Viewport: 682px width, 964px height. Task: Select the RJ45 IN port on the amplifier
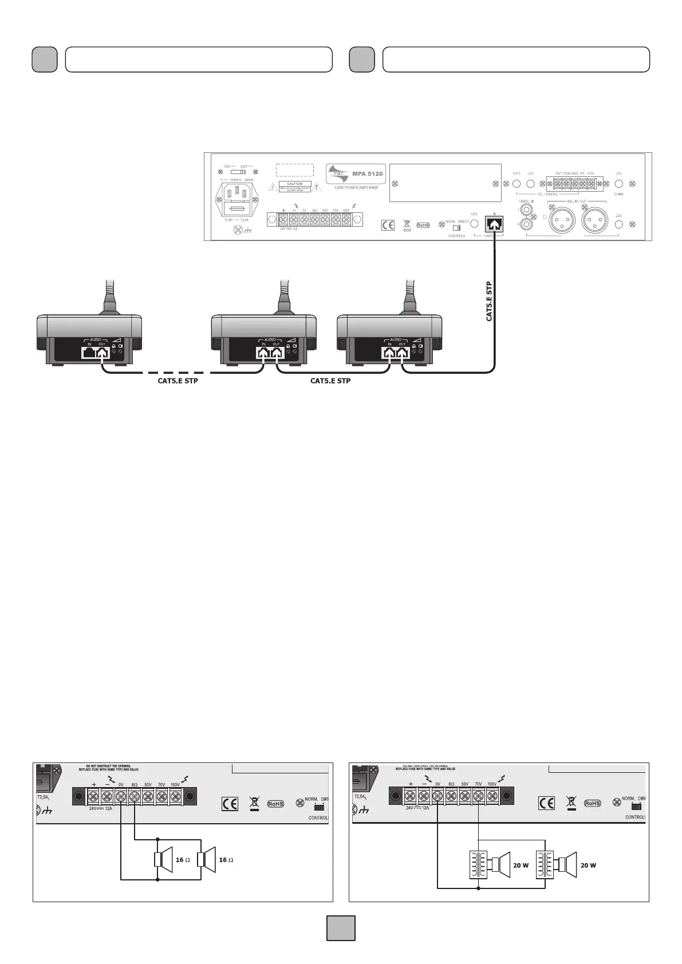tap(494, 224)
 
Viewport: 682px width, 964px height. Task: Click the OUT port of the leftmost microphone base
tap(102, 353)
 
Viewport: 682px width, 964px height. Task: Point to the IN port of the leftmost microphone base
tap(89, 353)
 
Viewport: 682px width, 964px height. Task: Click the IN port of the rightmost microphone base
tap(389, 353)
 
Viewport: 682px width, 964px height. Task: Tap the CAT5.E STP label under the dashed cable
tap(178, 381)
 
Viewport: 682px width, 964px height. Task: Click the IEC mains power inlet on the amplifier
tap(237, 197)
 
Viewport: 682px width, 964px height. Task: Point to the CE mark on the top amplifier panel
tap(388, 225)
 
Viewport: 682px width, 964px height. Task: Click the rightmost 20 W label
tap(588, 865)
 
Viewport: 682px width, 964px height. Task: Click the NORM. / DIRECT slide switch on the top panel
tap(456, 228)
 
